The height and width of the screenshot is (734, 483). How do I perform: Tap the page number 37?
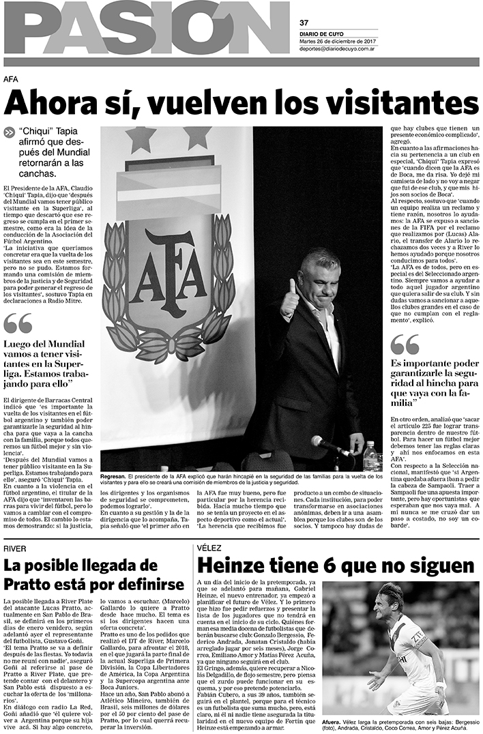[304, 22]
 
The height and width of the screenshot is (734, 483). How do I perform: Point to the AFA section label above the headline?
[10, 78]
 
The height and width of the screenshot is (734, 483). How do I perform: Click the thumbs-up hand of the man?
[290, 297]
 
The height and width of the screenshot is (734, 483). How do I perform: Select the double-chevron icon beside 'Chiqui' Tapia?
[10, 134]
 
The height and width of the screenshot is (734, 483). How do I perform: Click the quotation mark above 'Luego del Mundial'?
[18, 323]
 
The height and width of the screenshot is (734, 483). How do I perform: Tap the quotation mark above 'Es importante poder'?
[405, 345]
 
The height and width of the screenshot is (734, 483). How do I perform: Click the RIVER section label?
[15, 548]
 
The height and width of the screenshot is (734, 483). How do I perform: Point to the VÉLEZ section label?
[209, 548]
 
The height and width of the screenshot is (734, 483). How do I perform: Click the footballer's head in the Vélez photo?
[390, 598]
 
